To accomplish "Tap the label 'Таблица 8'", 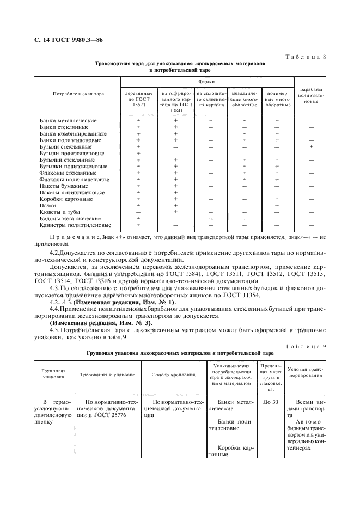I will [306, 56].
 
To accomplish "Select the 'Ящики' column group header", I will [206, 82].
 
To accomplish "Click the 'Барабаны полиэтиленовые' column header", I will [311, 95].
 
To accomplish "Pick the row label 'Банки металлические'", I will [68, 120].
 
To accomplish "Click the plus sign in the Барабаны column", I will [311, 146].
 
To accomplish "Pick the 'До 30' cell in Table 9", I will [270, 402].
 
